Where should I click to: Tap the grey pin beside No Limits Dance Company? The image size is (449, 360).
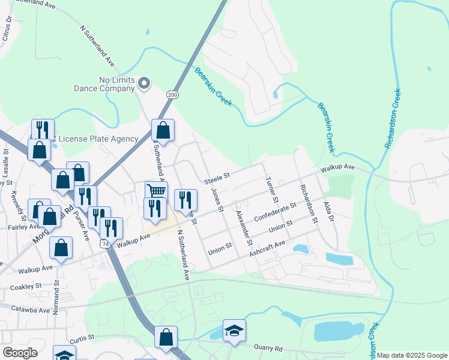tap(144, 83)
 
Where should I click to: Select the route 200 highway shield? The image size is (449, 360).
tap(173, 95)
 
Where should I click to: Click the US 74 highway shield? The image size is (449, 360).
tap(106, 244)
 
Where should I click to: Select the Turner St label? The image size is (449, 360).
tap(271, 189)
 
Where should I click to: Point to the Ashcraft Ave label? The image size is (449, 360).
tap(267, 247)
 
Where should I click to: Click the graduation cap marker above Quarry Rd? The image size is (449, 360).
tap(234, 330)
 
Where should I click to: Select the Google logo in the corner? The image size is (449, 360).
tap(19, 353)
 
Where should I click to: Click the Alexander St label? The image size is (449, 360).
tap(243, 228)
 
